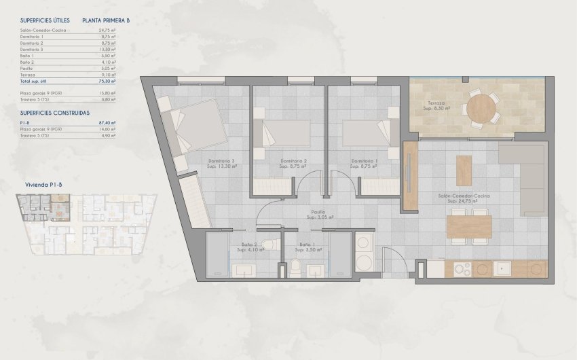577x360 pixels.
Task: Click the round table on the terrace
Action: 481,107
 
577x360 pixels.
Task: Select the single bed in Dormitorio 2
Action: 285,133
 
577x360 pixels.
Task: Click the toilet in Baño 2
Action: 269,245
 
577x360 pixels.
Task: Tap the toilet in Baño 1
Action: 297,267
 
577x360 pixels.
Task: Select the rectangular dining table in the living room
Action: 470,226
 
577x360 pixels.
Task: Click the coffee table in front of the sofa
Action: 464,170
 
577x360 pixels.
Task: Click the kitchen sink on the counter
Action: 502,269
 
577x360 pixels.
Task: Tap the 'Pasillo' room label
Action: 316,212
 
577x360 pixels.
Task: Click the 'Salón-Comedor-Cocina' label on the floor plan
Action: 464,196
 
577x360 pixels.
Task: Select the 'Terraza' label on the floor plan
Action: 437,103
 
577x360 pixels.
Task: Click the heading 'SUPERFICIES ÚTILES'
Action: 45,21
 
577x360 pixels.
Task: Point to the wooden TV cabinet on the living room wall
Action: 410,176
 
